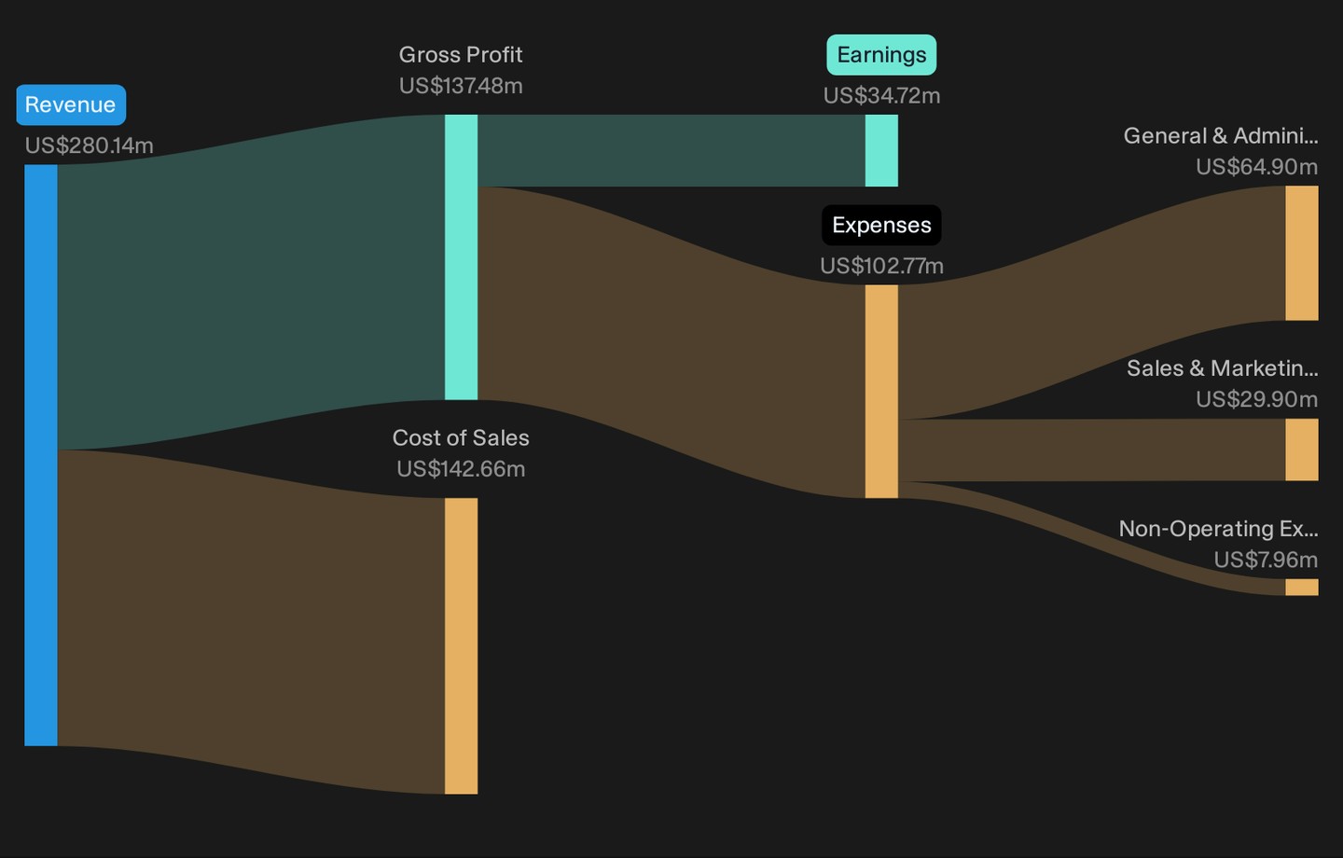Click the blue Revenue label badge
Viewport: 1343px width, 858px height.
71,105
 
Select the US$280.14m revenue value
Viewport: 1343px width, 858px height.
89,145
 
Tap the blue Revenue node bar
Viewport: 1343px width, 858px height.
41,455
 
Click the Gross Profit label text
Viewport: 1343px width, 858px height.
461,55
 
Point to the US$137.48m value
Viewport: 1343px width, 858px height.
461,87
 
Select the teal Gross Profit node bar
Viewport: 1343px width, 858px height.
461,257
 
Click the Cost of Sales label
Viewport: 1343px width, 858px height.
461,438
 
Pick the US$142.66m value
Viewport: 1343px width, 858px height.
461,469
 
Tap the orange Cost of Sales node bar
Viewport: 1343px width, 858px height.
461,645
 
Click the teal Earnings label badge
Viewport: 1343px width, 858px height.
881,55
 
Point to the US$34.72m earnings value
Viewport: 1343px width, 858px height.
881,96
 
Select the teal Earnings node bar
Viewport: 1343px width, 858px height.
881,150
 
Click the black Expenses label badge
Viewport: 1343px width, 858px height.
881,225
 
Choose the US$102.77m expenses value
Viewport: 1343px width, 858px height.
881,266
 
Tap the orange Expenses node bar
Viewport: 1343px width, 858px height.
881,392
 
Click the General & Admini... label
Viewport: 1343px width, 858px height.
1221,136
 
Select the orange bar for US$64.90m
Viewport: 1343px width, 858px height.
1302,253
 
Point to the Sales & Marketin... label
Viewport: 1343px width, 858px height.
1223,368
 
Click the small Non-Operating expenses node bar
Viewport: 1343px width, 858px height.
1302,587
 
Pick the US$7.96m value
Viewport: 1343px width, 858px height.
1266,560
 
